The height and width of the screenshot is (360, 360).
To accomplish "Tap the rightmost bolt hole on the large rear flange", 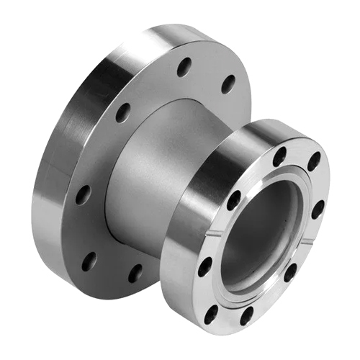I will [x=228, y=84].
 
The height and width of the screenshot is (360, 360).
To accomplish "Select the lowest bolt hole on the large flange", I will [x=135, y=273].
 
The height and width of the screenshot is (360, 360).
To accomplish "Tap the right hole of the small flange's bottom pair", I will [x=246, y=315].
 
